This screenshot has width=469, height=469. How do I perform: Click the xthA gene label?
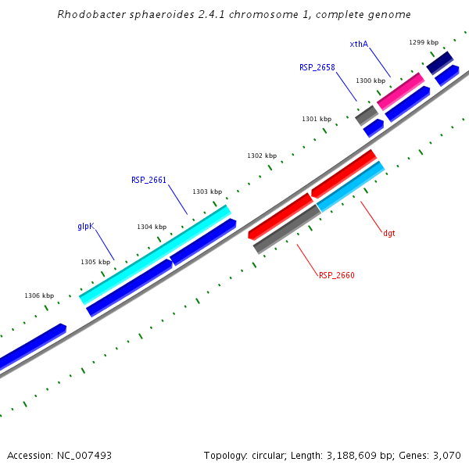point(359,44)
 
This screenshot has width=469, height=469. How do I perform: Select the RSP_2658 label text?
point(317,67)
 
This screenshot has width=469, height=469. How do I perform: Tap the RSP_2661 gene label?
point(149,180)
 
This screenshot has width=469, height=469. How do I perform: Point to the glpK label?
point(86,226)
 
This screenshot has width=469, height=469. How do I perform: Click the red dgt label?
point(388,233)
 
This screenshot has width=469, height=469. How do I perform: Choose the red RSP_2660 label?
point(337,275)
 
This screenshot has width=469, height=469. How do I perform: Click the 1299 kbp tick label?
point(424,42)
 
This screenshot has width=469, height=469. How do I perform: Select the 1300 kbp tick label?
point(371,81)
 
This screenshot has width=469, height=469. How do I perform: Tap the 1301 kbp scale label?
point(317,119)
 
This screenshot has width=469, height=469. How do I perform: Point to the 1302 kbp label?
point(262,156)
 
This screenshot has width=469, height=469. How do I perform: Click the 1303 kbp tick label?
point(207,192)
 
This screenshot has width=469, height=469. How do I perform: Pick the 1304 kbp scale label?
point(152,227)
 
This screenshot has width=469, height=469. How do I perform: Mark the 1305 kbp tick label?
point(95,262)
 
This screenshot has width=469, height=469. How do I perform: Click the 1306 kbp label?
point(39,295)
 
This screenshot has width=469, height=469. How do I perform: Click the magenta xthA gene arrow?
point(400,91)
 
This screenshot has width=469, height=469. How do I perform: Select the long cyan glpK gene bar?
point(155,255)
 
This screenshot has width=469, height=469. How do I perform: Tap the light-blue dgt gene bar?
point(350,186)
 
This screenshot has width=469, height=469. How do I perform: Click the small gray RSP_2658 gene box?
point(367,115)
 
